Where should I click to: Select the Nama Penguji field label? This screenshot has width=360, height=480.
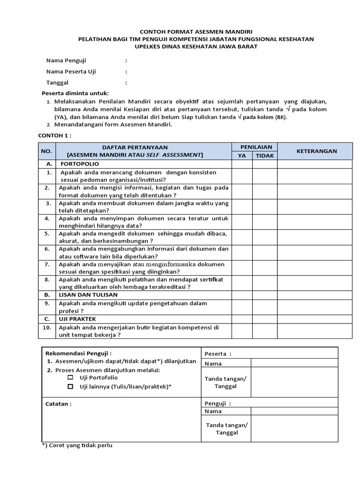66,60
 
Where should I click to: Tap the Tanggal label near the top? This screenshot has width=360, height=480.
57,82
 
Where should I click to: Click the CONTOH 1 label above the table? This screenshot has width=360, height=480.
54,135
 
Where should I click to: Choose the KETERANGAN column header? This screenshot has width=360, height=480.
316,151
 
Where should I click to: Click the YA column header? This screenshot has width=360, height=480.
242,156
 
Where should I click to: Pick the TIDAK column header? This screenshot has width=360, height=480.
265,156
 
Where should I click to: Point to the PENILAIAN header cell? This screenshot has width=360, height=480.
253,147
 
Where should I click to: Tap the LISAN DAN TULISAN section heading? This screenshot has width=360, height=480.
88,295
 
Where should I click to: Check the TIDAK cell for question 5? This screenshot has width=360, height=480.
265,237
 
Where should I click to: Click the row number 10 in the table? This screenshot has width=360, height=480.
47,328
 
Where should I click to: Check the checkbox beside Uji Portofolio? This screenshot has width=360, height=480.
70,377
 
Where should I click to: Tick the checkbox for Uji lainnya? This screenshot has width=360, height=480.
70,386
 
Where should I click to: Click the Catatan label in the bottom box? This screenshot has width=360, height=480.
59,404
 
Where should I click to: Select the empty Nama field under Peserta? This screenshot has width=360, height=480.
294,363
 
